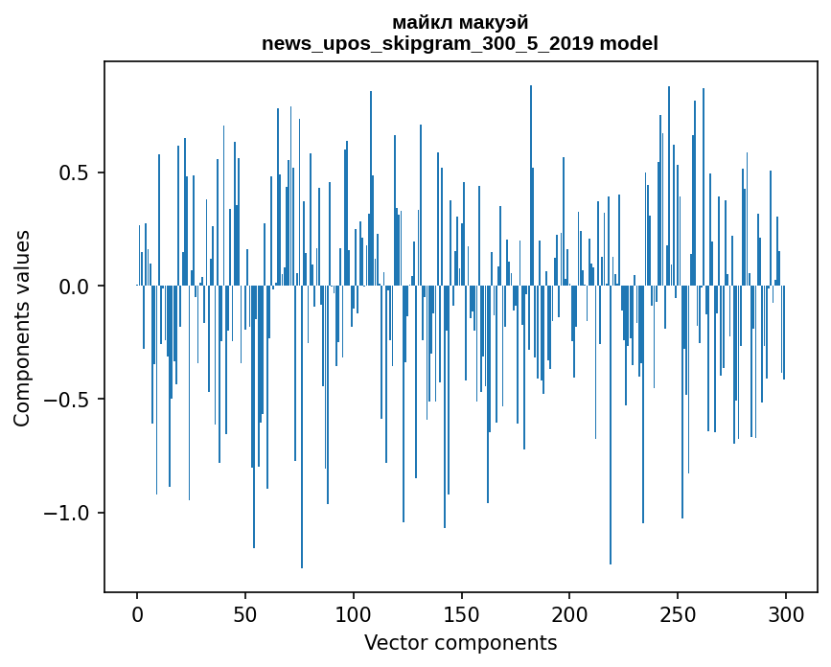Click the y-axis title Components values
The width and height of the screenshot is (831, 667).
[21, 328]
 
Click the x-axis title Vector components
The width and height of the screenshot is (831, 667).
[460, 642]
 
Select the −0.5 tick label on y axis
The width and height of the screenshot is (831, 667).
[70, 400]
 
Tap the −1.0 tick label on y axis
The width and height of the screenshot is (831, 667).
[70, 513]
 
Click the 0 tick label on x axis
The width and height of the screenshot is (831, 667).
[137, 612]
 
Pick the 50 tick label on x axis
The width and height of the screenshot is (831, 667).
[245, 612]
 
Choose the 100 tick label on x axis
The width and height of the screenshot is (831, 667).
[354, 612]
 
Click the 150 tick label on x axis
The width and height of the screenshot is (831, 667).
[462, 612]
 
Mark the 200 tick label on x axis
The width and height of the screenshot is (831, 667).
[569, 612]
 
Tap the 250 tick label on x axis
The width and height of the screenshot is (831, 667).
[678, 612]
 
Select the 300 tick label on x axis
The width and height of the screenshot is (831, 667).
[786, 612]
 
